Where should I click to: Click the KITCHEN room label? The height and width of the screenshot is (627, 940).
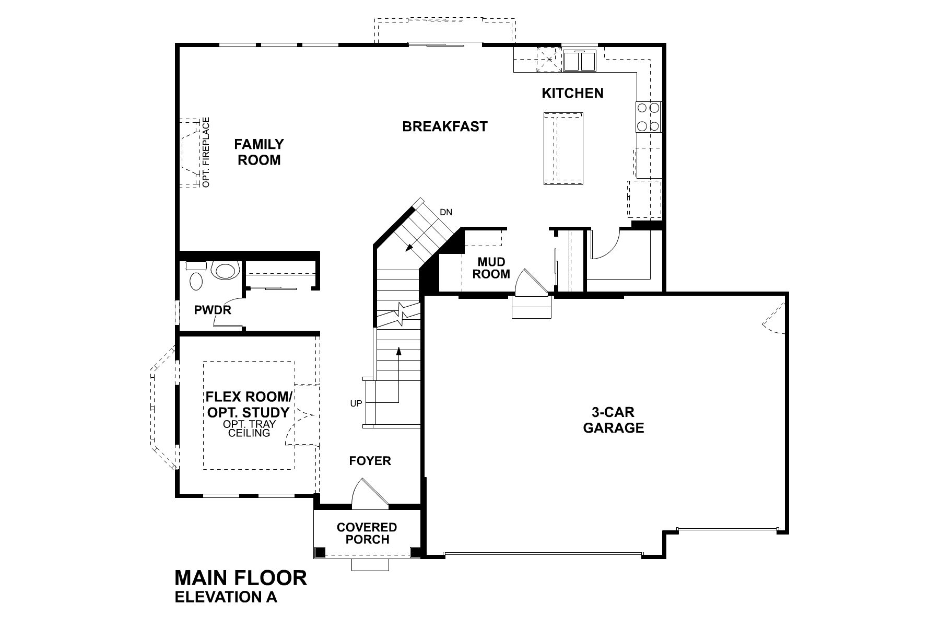pyautogui.click(x=572, y=93)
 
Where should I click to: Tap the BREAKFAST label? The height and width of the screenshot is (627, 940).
pyautogui.click(x=444, y=126)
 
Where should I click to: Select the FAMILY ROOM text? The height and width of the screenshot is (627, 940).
pyautogui.click(x=259, y=152)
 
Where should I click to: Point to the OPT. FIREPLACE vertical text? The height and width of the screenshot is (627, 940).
pyautogui.click(x=206, y=152)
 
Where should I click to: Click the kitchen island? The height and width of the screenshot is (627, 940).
pyautogui.click(x=563, y=148)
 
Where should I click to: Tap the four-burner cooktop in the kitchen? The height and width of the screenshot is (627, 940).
pyautogui.click(x=648, y=117)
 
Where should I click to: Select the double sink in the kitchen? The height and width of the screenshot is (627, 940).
pyautogui.click(x=580, y=61)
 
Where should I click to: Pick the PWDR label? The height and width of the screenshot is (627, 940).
pyautogui.click(x=213, y=310)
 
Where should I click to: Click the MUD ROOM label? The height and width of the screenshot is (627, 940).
pyautogui.click(x=491, y=268)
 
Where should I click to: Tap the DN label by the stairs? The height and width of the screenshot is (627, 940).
pyautogui.click(x=445, y=212)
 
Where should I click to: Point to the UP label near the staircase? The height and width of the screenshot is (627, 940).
pyautogui.click(x=356, y=403)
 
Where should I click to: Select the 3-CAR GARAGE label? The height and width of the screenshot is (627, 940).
pyautogui.click(x=613, y=420)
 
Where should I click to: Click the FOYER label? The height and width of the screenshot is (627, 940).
pyautogui.click(x=370, y=460)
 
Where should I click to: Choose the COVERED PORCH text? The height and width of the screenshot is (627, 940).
pyautogui.click(x=367, y=533)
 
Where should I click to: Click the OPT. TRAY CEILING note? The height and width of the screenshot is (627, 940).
pyautogui.click(x=249, y=428)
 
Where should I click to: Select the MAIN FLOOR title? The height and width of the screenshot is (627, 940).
pyautogui.click(x=241, y=578)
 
